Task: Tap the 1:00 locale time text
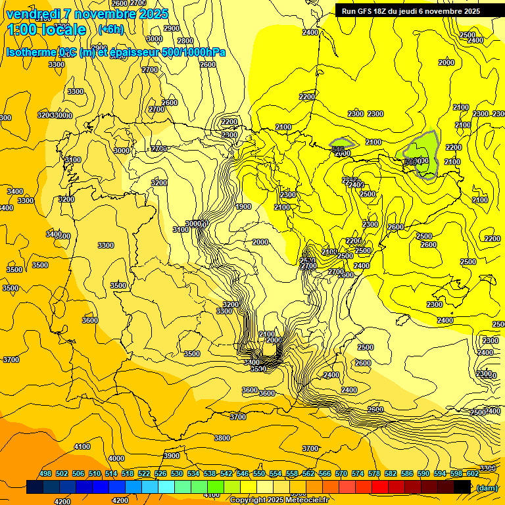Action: pyautogui.click(x=47, y=30)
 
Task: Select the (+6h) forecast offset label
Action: pyautogui.click(x=110, y=30)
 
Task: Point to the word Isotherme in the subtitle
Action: pyautogui.click(x=31, y=52)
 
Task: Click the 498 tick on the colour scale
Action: pyautogui.click(x=45, y=474)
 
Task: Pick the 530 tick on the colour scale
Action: pyautogui.click(x=177, y=474)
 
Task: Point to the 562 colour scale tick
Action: pyautogui.click(x=308, y=474)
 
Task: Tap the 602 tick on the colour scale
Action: pyautogui.click(x=473, y=474)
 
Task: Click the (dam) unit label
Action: pyautogui.click(x=487, y=488)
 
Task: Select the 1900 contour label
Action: pyautogui.click(x=243, y=206)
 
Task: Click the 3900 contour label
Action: pyautogui.click(x=171, y=456)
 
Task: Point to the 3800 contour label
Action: pyautogui.click(x=222, y=438)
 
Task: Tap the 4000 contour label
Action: pyautogui.click(x=116, y=458)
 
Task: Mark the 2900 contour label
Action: pyautogui.click(x=172, y=28)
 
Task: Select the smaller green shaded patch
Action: pyautogui.click(x=341, y=143)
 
